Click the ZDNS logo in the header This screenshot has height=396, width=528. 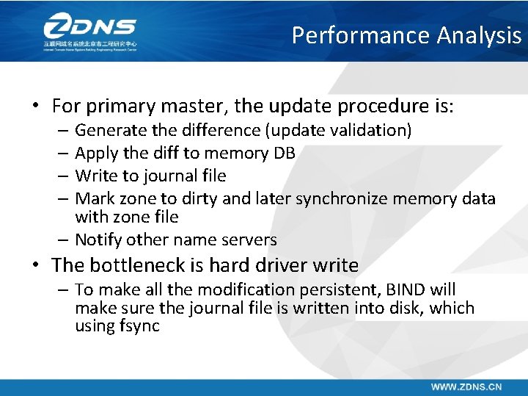pos(89,31)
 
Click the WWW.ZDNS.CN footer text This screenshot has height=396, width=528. pos(466,386)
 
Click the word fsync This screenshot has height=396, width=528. pos(139,326)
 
